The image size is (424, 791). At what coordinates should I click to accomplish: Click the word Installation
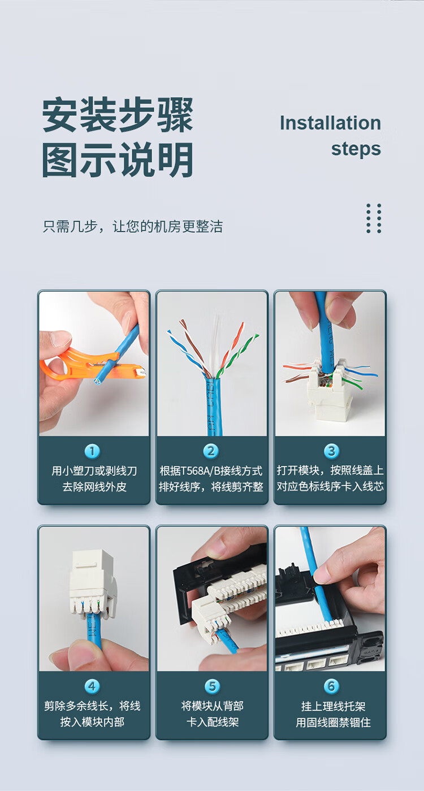click(x=330, y=123)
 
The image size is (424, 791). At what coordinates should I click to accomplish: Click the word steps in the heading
click(x=356, y=149)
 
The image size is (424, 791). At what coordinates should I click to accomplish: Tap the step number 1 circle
click(x=92, y=451)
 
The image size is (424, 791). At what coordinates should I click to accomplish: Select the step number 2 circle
click(x=211, y=451)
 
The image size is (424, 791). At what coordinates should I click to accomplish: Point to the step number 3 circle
click(x=331, y=451)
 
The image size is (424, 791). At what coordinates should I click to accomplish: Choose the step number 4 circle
click(x=92, y=686)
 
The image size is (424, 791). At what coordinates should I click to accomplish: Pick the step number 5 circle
click(x=212, y=686)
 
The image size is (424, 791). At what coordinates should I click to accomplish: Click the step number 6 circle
click(x=331, y=686)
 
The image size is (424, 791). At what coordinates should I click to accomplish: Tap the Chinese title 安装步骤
click(x=118, y=115)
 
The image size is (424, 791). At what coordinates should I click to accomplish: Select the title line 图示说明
click(x=118, y=160)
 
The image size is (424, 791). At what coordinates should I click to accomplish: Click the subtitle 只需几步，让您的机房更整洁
click(x=133, y=226)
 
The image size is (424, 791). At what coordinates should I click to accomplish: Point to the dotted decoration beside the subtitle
click(x=374, y=218)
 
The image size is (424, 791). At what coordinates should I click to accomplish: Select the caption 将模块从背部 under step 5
click(x=212, y=706)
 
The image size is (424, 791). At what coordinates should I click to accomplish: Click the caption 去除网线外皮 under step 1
click(x=94, y=487)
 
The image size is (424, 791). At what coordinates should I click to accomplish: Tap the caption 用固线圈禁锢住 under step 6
click(x=334, y=723)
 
